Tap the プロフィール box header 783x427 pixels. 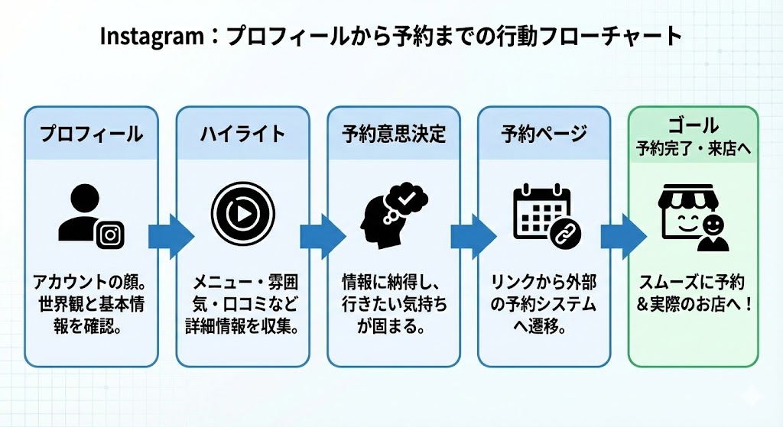[x=92, y=134]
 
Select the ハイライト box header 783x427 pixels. [x=242, y=134]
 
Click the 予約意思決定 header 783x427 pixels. [x=393, y=134]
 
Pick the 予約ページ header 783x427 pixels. [x=544, y=134]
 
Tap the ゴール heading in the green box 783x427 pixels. [x=694, y=125]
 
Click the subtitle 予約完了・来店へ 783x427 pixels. [x=694, y=149]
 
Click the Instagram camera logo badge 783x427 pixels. [x=111, y=234]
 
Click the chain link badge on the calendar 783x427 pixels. [x=565, y=232]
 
